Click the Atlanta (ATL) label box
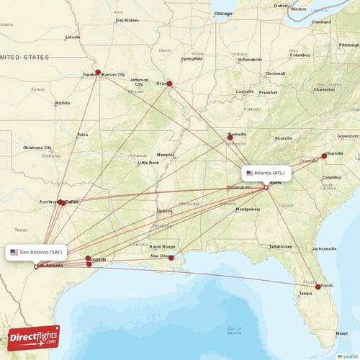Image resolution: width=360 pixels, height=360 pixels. (266, 173)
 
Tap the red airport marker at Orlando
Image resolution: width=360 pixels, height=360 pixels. (318, 287)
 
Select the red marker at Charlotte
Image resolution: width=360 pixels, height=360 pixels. (323, 156)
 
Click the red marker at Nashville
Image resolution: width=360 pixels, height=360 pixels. (230, 136)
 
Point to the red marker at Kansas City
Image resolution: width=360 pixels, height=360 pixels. (98, 72)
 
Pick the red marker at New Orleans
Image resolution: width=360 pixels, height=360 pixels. (171, 258)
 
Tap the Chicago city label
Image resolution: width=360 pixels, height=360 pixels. (223, 13)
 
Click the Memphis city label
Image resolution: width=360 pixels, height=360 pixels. (166, 154)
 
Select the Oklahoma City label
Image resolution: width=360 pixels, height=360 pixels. (37, 148)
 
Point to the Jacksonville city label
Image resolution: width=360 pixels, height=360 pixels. (323, 248)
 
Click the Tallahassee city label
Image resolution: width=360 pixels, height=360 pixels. (282, 246)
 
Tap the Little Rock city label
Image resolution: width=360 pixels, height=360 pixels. (148, 163)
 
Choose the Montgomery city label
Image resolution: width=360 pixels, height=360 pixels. (248, 209)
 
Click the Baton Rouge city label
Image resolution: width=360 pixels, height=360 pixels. (163, 246)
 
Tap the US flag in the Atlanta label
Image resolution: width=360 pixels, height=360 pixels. (249, 173)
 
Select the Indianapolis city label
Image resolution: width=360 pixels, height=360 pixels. (251, 59)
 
